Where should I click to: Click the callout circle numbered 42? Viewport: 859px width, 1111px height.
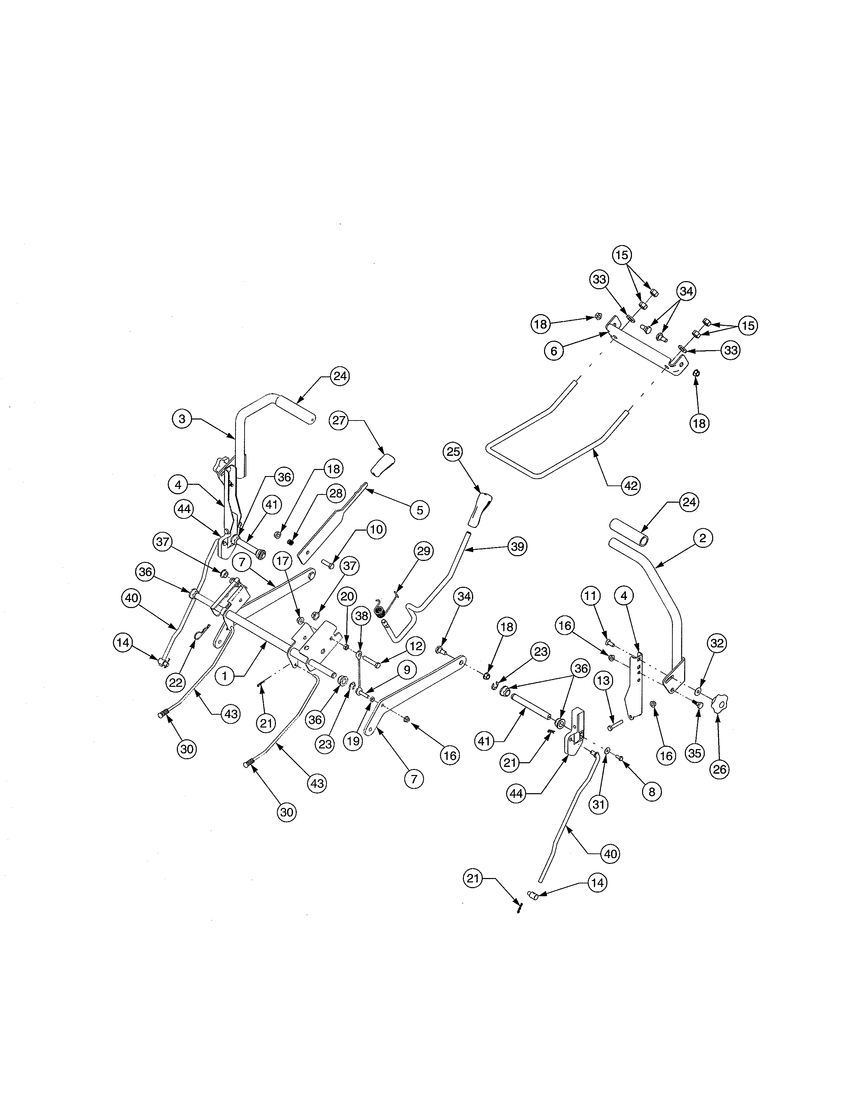[631, 486]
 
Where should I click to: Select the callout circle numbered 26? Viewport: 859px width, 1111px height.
[720, 770]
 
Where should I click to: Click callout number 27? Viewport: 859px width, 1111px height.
[339, 420]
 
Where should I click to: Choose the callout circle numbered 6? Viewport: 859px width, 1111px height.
[554, 351]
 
